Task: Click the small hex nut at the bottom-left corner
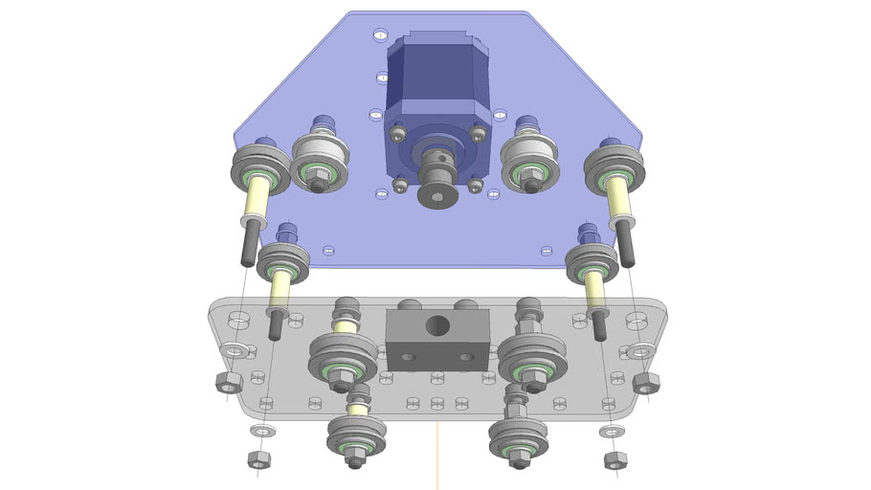coord(258,459)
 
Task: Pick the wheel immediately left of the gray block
coord(342,362)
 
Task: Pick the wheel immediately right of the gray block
coord(531,362)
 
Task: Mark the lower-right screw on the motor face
coord(475,181)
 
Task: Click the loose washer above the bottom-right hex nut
coord(611,433)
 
